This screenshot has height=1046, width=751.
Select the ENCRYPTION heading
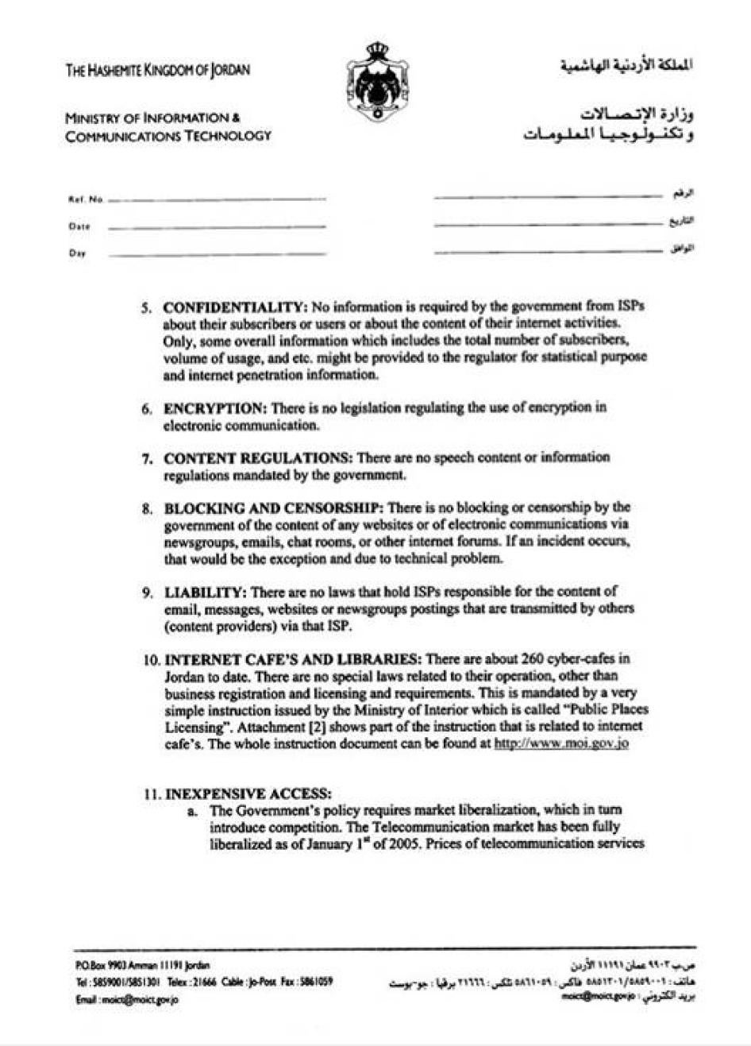215,408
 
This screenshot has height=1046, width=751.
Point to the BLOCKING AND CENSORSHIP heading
275,508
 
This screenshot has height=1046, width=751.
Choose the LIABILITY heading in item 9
206,592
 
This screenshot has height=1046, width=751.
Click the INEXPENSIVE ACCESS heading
248,793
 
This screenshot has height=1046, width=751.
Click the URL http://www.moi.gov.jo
561,744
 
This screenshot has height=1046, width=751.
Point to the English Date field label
79,226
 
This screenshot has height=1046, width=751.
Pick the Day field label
78,253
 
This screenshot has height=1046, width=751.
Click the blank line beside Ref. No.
217,199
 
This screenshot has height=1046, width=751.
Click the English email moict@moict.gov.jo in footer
127,999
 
